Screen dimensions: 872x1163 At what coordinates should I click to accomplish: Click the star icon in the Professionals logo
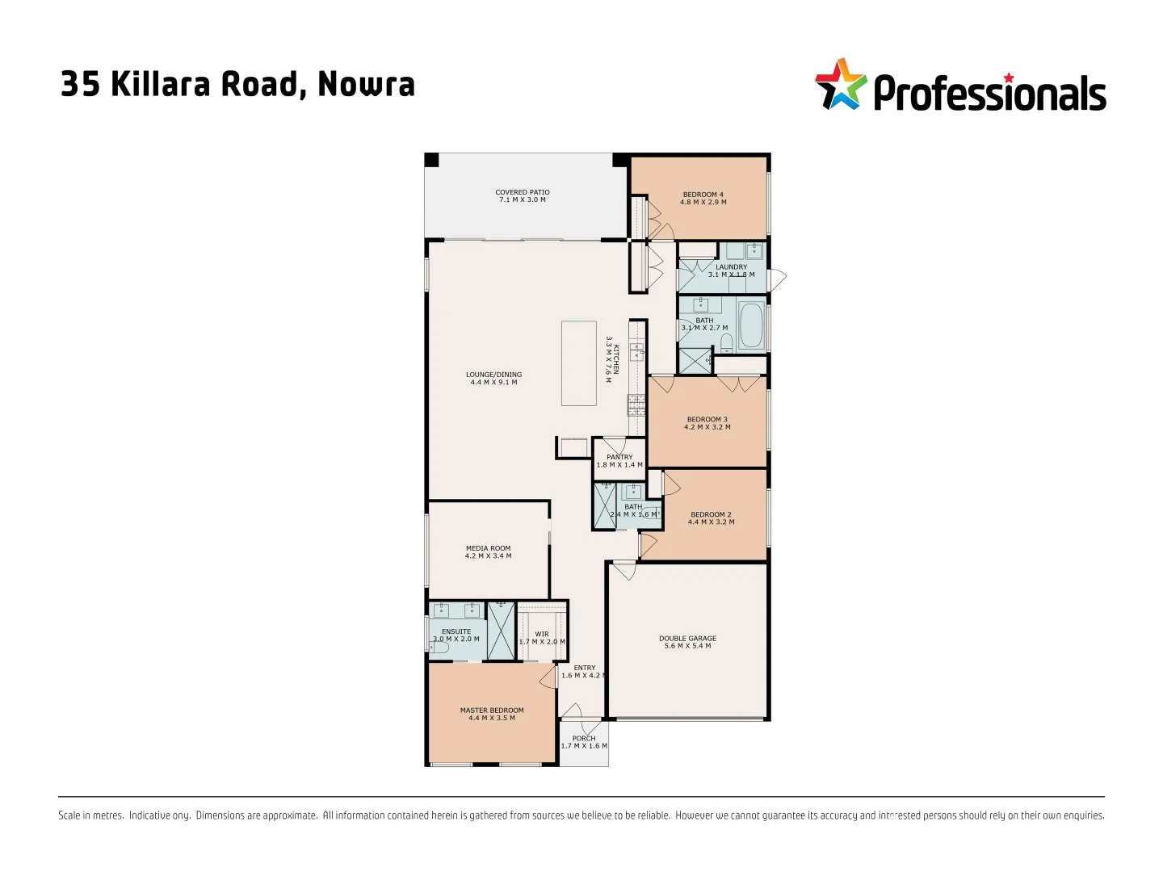[x=841, y=84]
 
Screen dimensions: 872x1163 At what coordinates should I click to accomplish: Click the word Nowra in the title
[x=366, y=84]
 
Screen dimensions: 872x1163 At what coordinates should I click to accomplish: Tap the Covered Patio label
[x=522, y=192]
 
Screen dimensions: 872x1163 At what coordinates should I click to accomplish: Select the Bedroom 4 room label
[x=703, y=195]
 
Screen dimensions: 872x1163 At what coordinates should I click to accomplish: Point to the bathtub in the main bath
[x=751, y=325]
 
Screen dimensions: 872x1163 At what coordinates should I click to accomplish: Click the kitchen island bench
[x=578, y=363]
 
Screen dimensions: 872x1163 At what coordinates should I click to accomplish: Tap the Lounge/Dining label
[x=493, y=375]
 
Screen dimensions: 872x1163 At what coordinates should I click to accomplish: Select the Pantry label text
[x=619, y=457]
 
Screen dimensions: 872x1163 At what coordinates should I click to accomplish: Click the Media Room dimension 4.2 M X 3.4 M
[x=488, y=556]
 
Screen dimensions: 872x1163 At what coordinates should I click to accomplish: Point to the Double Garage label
[x=687, y=638]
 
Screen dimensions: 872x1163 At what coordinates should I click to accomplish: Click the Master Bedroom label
[x=492, y=711]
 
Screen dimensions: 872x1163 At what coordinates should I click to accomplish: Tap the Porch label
[x=584, y=738]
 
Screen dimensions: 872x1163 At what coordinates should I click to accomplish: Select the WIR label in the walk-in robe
[x=542, y=634]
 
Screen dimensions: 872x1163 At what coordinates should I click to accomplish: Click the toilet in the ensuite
[x=439, y=647]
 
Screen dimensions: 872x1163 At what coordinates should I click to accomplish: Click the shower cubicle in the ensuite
[x=501, y=631]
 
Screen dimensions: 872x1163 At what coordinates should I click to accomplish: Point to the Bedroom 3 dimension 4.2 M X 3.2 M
[x=707, y=427]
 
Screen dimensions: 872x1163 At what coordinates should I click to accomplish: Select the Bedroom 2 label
[x=711, y=514]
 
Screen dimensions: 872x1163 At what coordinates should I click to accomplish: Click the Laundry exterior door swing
[x=776, y=280]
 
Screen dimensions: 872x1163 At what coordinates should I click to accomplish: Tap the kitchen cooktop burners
[x=636, y=405]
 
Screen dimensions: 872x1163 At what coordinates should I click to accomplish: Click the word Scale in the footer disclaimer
[x=69, y=815]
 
